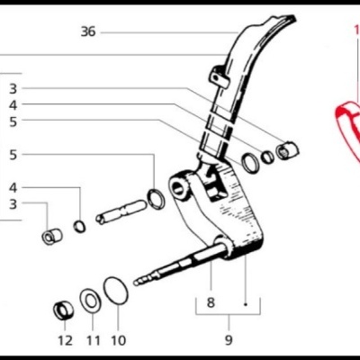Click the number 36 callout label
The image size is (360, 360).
pyautogui.click(x=87, y=31)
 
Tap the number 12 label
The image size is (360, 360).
pyautogui.click(x=65, y=340)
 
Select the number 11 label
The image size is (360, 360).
pyautogui.click(x=94, y=340)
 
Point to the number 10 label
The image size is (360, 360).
pyautogui.click(x=120, y=340)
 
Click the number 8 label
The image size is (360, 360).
pyautogui.click(x=211, y=303)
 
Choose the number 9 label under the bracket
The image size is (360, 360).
pyautogui.click(x=229, y=340)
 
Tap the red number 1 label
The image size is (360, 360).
pyautogui.click(x=356, y=30)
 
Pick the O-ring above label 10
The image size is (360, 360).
pyautogui.click(x=115, y=292)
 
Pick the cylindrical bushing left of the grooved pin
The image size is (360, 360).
pyautogui.click(x=51, y=236)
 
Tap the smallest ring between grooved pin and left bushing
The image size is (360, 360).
pyautogui.click(x=79, y=224)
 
